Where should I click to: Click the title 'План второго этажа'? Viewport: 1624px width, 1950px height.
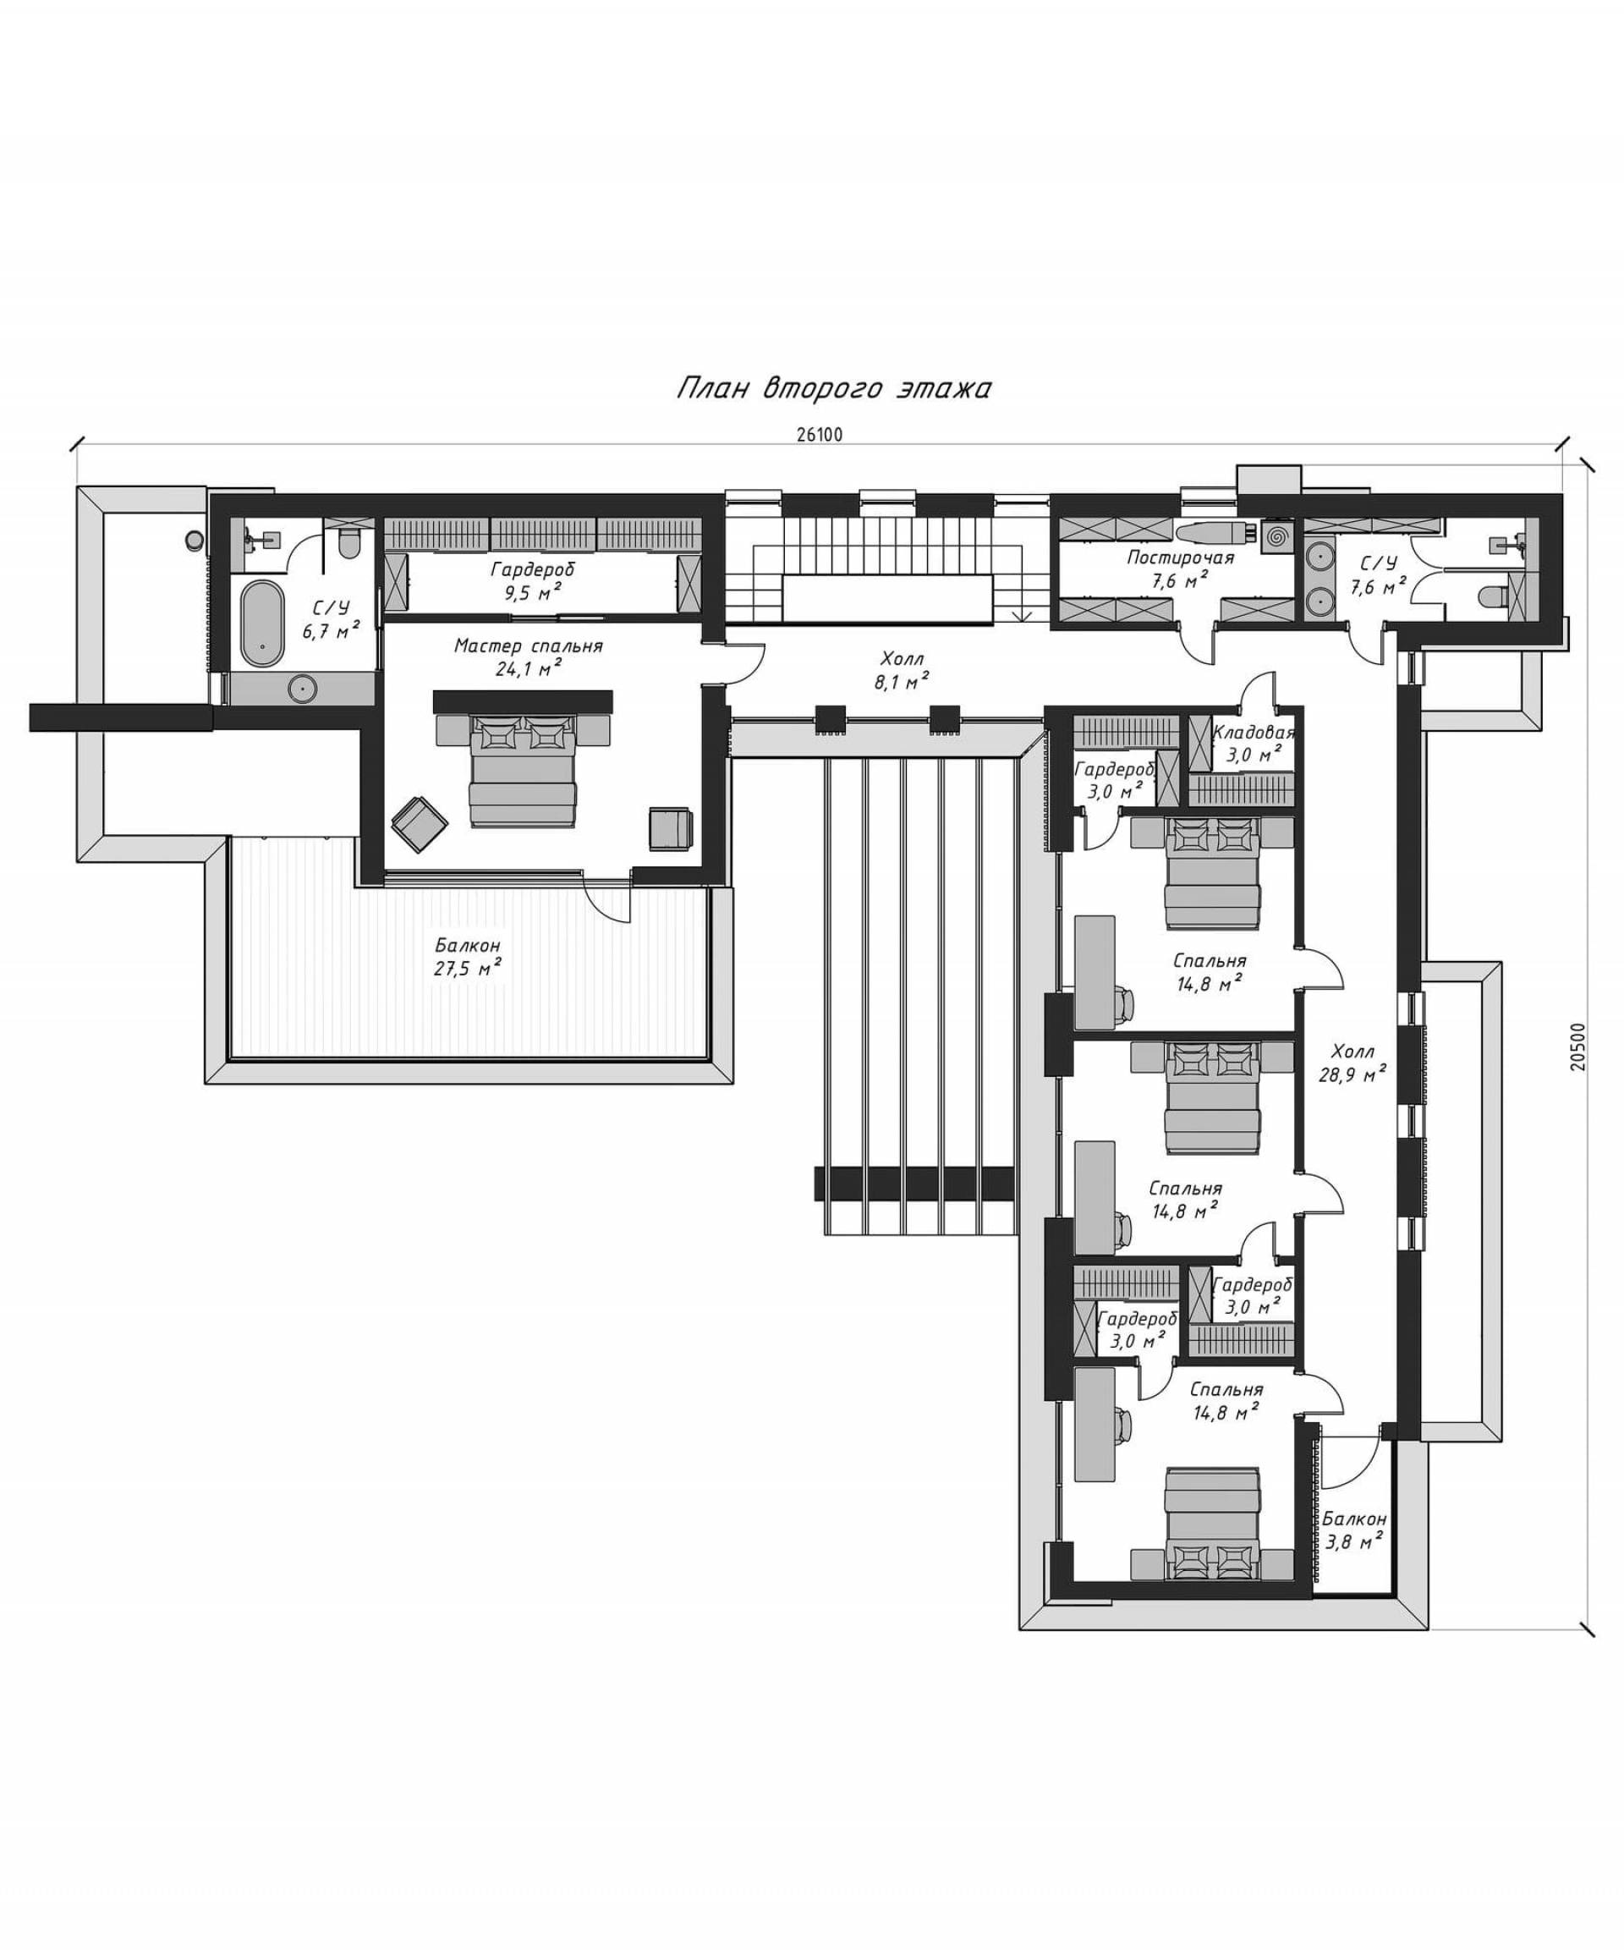point(832,387)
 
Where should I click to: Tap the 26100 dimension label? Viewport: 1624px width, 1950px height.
point(819,434)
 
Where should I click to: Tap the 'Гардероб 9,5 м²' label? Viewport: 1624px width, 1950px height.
point(533,581)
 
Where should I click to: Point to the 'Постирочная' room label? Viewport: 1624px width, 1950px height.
point(1180,558)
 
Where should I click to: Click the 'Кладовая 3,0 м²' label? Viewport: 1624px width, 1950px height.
point(1253,744)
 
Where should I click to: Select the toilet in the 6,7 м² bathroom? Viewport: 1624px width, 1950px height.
point(349,545)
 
